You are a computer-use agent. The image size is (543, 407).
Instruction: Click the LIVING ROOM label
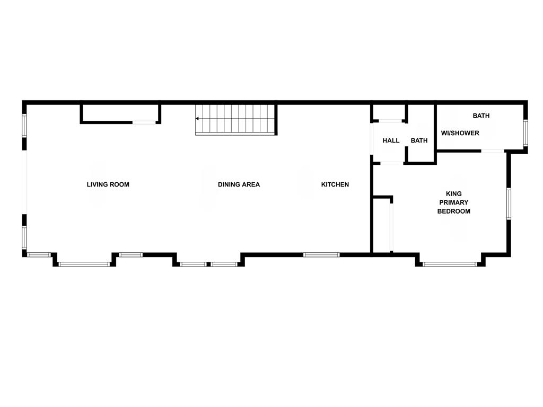tap(108, 184)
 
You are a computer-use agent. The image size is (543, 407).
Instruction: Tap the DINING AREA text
tap(239, 184)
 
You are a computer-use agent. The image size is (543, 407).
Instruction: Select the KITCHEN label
tap(335, 184)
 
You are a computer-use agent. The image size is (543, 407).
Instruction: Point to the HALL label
tap(391, 140)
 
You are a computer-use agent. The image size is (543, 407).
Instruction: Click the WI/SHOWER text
tap(460, 133)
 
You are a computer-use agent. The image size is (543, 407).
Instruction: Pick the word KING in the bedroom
tap(454, 194)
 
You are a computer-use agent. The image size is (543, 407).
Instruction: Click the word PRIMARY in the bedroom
tap(454, 202)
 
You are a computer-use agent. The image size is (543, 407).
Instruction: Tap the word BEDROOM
tap(454, 211)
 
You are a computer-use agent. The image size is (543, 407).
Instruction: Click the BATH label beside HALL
tap(419, 140)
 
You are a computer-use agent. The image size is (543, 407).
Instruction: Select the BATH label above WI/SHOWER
tap(481, 116)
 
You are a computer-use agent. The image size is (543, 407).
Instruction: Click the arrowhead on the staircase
tap(197, 119)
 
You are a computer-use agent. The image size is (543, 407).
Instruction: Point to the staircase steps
tap(235, 119)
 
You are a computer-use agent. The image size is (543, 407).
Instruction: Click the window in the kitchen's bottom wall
tap(321, 255)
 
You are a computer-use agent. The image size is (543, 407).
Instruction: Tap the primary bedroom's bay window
tap(450, 264)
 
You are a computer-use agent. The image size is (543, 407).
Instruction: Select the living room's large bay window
tap(84, 264)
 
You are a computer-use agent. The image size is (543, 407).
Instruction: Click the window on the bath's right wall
tap(526, 132)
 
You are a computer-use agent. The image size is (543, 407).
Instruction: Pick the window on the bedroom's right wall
tap(509, 203)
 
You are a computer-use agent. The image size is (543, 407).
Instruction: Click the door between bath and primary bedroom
tap(493, 151)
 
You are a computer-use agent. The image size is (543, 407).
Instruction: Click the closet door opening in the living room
tap(144, 122)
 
